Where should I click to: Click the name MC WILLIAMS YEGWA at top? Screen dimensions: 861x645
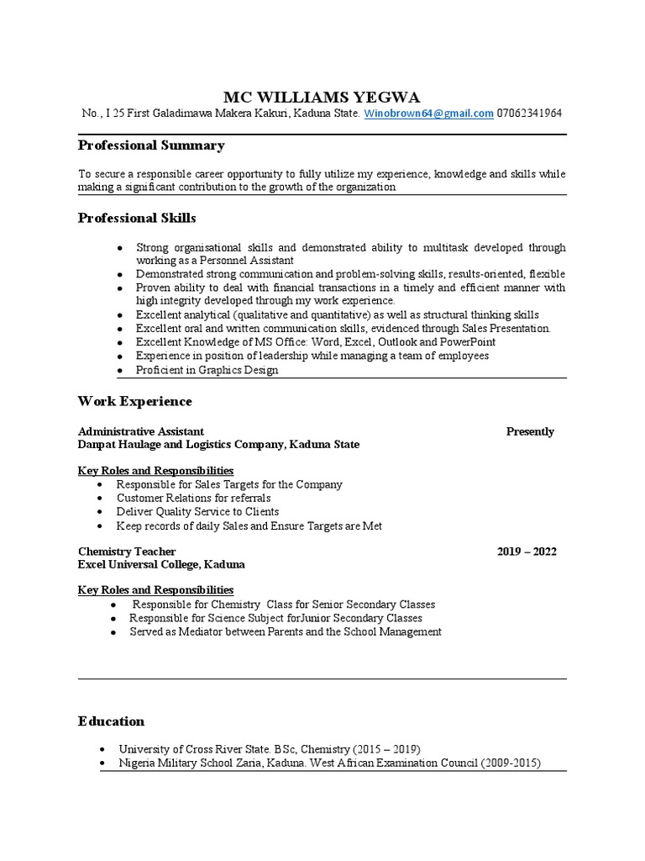(322, 96)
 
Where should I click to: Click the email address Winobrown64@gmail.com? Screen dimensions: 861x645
(428, 114)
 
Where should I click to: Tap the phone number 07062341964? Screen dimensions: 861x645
(529, 114)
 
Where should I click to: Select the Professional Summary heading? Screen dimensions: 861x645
(151, 145)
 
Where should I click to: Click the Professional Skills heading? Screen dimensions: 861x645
(137, 218)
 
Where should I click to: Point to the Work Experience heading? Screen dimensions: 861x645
(135, 401)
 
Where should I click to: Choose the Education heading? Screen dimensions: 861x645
(111, 721)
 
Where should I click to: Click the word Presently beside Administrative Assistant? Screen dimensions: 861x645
(530, 431)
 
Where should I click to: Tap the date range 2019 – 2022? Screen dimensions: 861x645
(527, 552)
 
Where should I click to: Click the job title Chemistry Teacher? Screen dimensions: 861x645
(127, 552)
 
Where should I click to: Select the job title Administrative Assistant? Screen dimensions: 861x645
(141, 431)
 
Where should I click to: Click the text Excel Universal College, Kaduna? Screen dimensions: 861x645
(162, 564)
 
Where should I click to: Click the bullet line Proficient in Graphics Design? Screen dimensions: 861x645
(207, 370)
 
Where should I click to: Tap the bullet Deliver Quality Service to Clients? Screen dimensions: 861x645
(197, 511)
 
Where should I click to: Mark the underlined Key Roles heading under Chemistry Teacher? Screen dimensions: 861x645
(155, 589)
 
